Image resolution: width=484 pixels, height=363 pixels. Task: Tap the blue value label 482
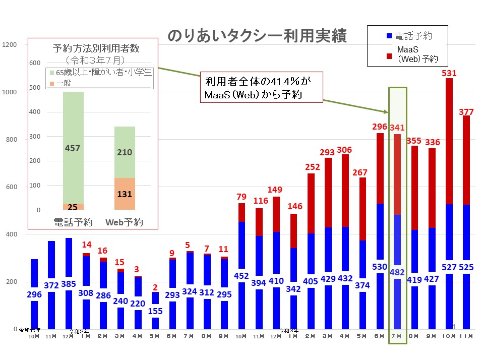tap(396, 272)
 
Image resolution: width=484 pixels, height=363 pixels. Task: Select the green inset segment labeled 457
tap(74, 148)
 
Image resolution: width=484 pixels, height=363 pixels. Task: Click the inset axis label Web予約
tap(124, 222)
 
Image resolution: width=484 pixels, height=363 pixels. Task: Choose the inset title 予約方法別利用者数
tap(96, 49)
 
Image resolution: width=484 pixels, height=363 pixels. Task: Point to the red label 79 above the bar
tap(241, 197)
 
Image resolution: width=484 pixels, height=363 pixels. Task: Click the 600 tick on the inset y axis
tap(34, 63)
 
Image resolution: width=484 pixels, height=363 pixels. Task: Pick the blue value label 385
tap(69, 284)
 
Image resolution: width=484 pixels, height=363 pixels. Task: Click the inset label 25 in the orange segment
tap(74, 207)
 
